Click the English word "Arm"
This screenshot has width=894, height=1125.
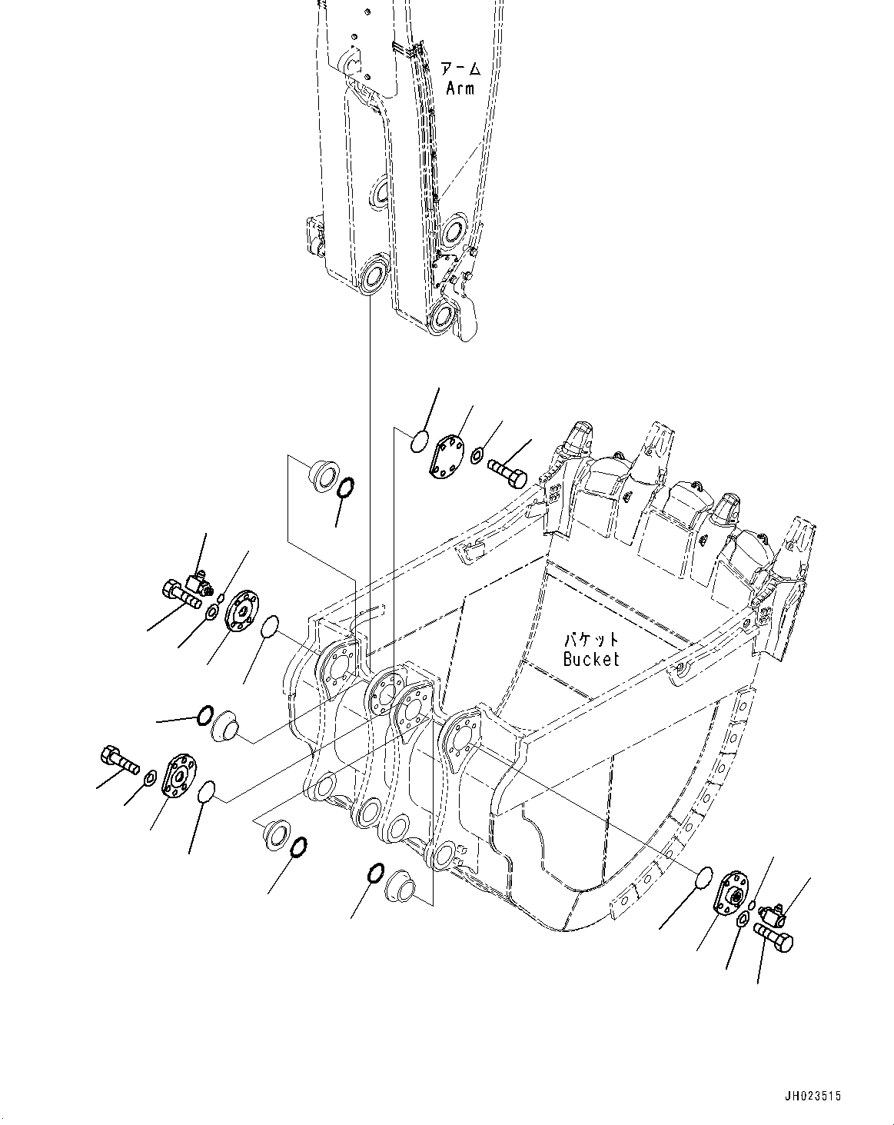(460, 88)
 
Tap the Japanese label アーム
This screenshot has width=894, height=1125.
(460, 69)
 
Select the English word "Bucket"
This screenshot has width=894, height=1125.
(590, 659)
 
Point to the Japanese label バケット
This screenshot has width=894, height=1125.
(590, 640)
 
